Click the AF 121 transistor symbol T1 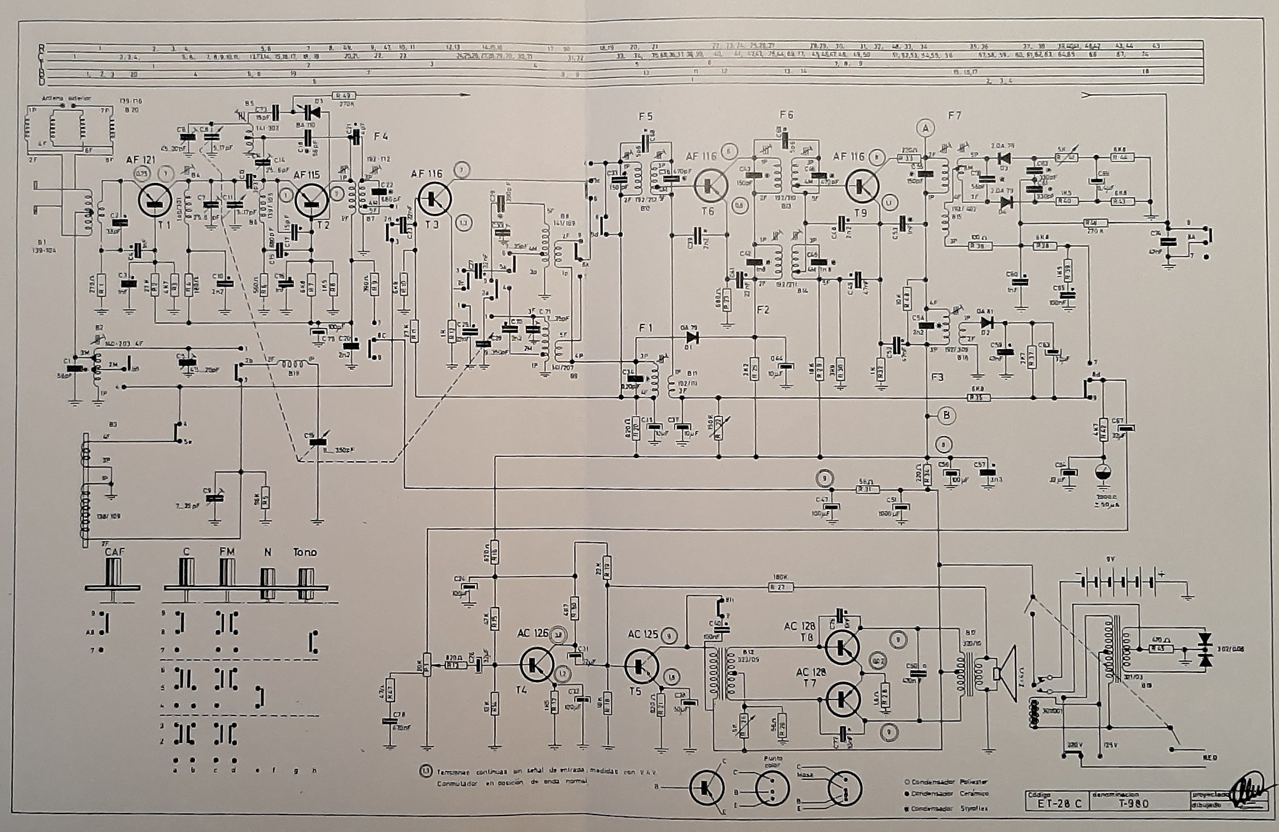(x=155, y=200)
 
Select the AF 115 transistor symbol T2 (x=312, y=201)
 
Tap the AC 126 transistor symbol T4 (x=537, y=664)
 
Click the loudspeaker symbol (x=1005, y=673)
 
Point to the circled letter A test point (x=926, y=128)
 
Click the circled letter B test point (x=946, y=416)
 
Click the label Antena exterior (x=68, y=99)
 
